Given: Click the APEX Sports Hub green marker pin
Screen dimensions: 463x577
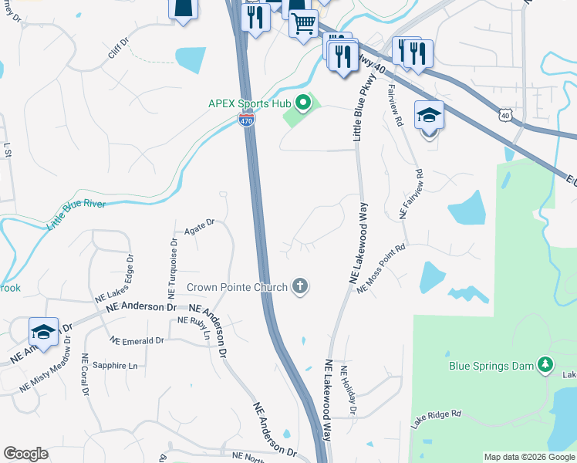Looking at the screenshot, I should [x=303, y=103].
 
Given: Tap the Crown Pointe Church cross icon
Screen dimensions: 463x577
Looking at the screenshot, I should [x=300, y=287].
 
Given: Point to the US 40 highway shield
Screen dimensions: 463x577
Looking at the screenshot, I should [x=504, y=115].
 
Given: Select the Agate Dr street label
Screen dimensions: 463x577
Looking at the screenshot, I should [x=198, y=226].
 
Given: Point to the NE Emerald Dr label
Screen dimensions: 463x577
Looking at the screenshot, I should [x=137, y=340].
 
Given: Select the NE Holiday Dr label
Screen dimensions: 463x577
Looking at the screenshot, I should [x=348, y=391].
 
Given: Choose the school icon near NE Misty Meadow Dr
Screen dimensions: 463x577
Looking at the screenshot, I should [x=44, y=332].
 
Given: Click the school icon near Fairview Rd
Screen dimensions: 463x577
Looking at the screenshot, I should [x=429, y=116].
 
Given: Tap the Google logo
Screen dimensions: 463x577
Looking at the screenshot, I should [x=25, y=454].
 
